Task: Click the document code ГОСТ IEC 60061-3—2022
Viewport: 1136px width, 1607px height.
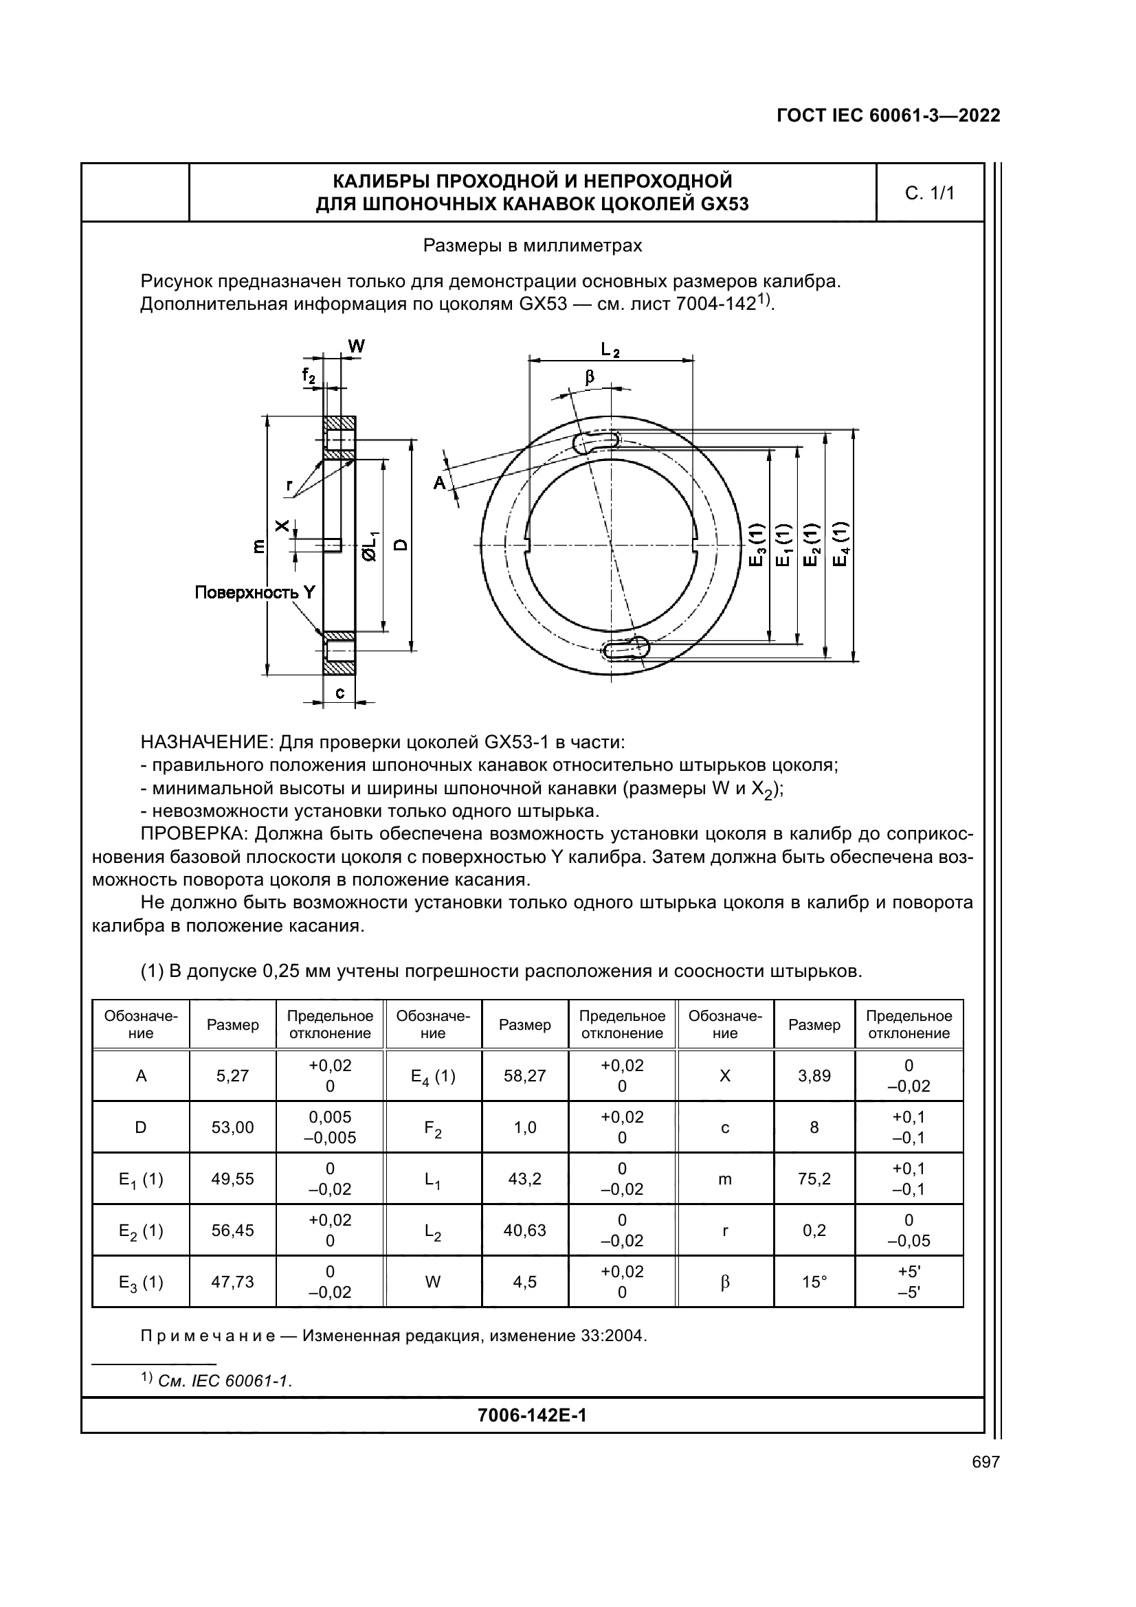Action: pos(888,115)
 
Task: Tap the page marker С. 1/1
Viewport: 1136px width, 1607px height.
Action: pos(929,194)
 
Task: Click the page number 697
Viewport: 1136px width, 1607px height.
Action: pos(985,1462)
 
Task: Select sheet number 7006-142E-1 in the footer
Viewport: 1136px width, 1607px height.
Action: pos(532,1415)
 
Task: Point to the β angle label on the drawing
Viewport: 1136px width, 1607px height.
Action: pos(590,377)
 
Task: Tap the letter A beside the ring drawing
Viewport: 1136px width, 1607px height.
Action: pos(439,483)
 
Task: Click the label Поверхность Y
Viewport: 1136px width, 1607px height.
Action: pos(255,592)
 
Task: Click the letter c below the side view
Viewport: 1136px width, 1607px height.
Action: pos(339,693)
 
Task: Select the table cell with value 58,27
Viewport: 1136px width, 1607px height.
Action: pos(524,1076)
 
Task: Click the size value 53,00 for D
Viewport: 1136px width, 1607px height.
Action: pos(232,1127)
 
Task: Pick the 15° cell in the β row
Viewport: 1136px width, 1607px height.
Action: pos(814,1282)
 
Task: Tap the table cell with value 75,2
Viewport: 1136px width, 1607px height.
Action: pos(814,1180)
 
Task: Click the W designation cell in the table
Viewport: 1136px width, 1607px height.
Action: pos(432,1282)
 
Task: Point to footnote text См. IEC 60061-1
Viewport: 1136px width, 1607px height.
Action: pos(225,1381)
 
